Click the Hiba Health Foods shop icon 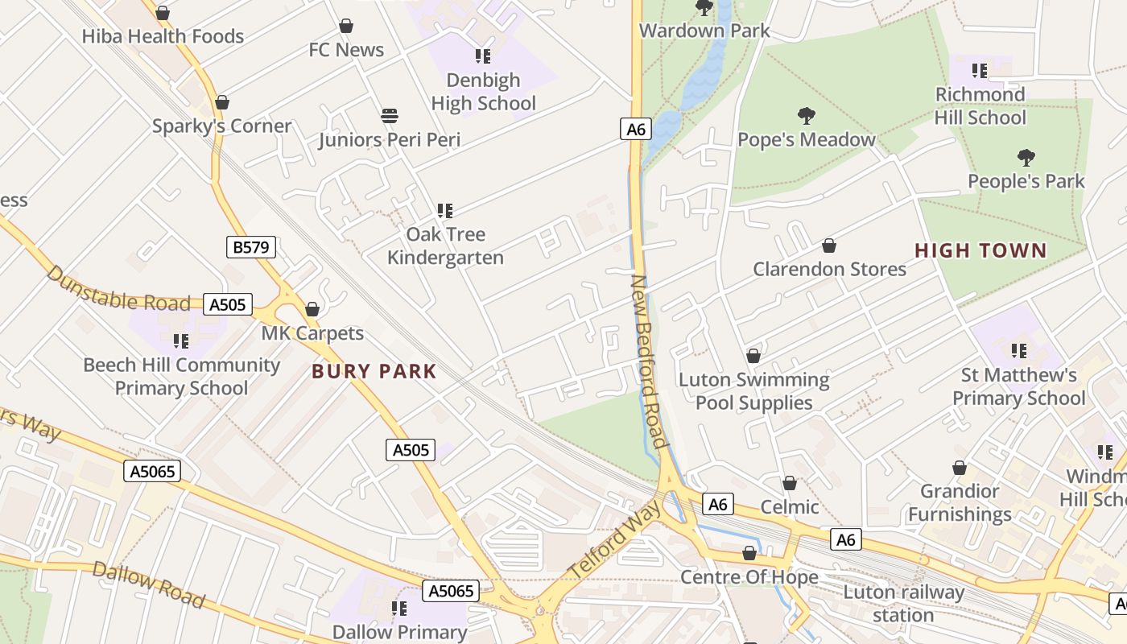(163, 14)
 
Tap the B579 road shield (251, 247)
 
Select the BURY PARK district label (374, 372)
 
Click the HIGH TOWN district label (981, 251)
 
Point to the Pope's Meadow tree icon (806, 116)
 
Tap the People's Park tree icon (1026, 157)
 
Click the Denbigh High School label (483, 92)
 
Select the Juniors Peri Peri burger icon (390, 116)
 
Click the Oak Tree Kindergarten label (445, 246)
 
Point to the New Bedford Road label (650, 361)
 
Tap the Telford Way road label (615, 539)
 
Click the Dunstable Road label (118, 289)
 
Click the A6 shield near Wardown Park (635, 129)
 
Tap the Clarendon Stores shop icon (829, 246)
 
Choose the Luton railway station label (903, 604)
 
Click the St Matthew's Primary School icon (1019, 351)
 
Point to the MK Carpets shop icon (312, 309)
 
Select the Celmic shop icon (790, 483)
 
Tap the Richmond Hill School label (980, 105)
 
